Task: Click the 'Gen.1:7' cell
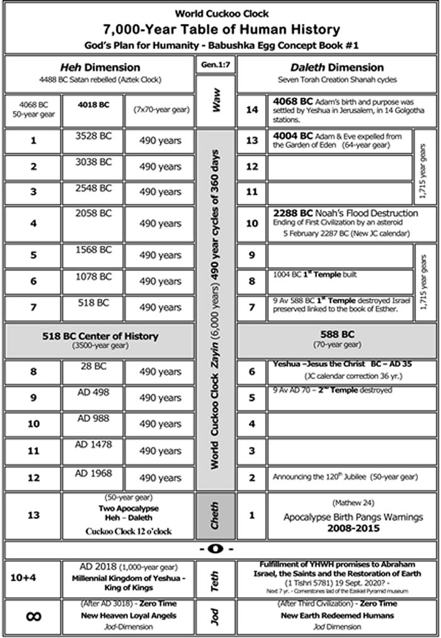click(215, 65)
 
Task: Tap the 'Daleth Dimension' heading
click(337, 67)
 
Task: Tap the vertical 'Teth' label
click(215, 579)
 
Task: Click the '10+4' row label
click(33, 577)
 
